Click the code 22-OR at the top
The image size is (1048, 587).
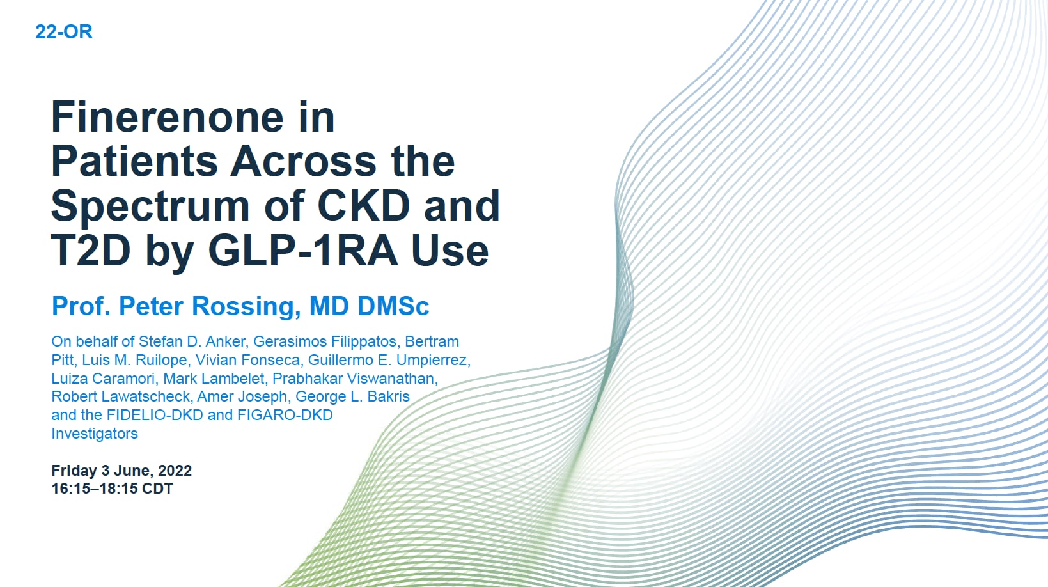coord(63,32)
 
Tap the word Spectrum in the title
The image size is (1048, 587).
coord(150,207)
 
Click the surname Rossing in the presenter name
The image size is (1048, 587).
coord(246,307)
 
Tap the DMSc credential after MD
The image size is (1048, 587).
coord(393,307)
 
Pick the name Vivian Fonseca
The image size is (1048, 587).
coord(247,360)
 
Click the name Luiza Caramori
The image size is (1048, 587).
coord(103,379)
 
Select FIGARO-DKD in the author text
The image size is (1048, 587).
coord(285,415)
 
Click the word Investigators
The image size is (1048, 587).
coord(95,434)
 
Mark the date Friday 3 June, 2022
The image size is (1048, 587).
coord(121,471)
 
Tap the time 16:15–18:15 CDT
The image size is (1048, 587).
coord(112,489)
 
